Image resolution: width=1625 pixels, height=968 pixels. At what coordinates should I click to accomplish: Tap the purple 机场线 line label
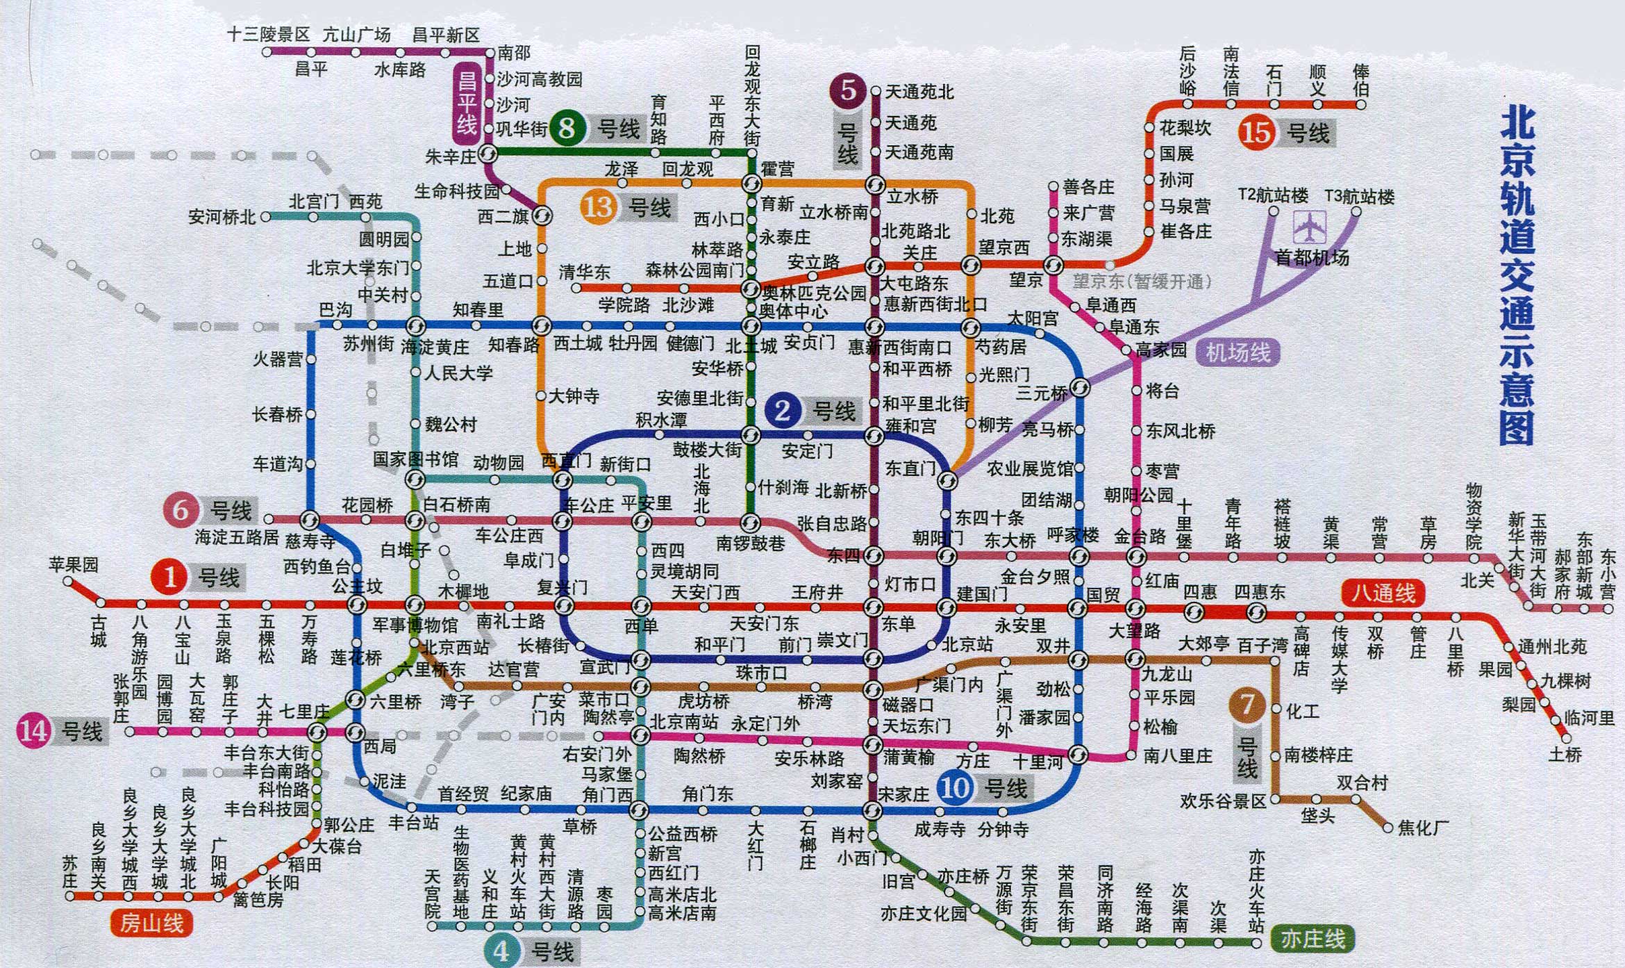1237,353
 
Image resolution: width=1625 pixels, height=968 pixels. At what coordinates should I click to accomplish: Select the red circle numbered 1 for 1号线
170,577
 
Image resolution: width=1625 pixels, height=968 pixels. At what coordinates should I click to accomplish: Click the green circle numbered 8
567,129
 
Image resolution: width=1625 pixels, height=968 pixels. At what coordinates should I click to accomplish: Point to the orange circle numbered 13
598,207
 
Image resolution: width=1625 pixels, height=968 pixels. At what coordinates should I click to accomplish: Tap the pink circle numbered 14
33,731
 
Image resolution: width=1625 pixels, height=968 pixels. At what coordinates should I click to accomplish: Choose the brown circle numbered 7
1247,705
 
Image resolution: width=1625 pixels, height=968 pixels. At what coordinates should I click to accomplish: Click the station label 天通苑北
919,92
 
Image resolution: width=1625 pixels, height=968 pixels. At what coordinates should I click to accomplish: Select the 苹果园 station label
74,564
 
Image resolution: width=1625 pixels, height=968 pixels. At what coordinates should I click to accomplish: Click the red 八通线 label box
1383,593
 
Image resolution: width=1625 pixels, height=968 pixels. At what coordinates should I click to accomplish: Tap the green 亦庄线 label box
1312,939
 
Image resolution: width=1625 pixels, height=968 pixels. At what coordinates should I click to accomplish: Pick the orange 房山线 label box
151,923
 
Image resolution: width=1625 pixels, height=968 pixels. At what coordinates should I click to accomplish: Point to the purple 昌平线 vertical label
467,104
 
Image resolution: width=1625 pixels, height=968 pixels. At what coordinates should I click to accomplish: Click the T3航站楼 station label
1359,197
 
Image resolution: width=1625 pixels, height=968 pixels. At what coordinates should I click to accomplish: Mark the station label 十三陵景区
269,35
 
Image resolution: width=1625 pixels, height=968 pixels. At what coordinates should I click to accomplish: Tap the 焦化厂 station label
1423,828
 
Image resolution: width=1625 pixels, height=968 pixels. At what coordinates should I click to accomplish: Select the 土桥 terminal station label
1565,755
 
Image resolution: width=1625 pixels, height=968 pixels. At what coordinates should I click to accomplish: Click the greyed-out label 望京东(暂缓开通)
1142,281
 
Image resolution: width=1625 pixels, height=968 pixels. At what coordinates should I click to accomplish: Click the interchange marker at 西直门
562,479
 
